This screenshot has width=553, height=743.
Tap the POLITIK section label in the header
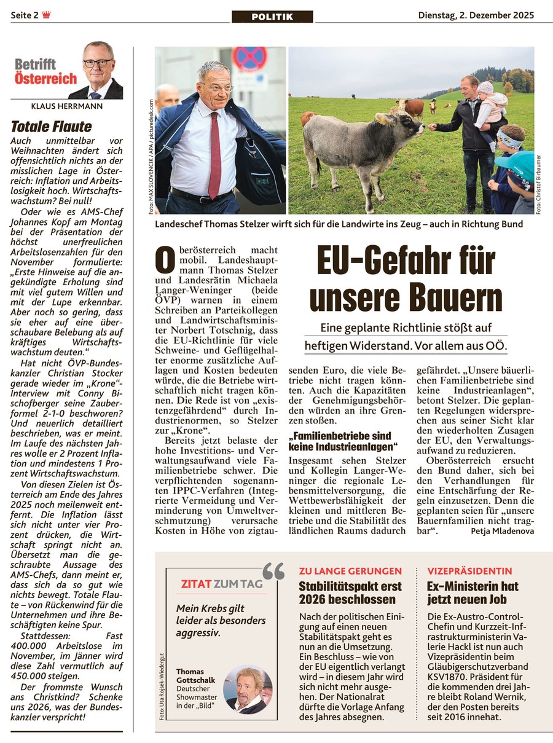click(272, 17)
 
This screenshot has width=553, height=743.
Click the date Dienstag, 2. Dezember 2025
click(476, 15)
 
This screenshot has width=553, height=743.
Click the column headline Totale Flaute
click(51, 127)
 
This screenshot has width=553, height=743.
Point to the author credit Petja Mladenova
click(503, 530)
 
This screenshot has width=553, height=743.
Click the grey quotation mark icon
click(273, 572)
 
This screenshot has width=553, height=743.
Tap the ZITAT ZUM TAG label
click(221, 584)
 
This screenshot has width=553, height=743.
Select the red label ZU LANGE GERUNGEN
click(350, 571)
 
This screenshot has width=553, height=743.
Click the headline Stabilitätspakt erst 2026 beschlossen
click(350, 592)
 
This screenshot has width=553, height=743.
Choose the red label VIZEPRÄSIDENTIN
click(469, 571)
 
